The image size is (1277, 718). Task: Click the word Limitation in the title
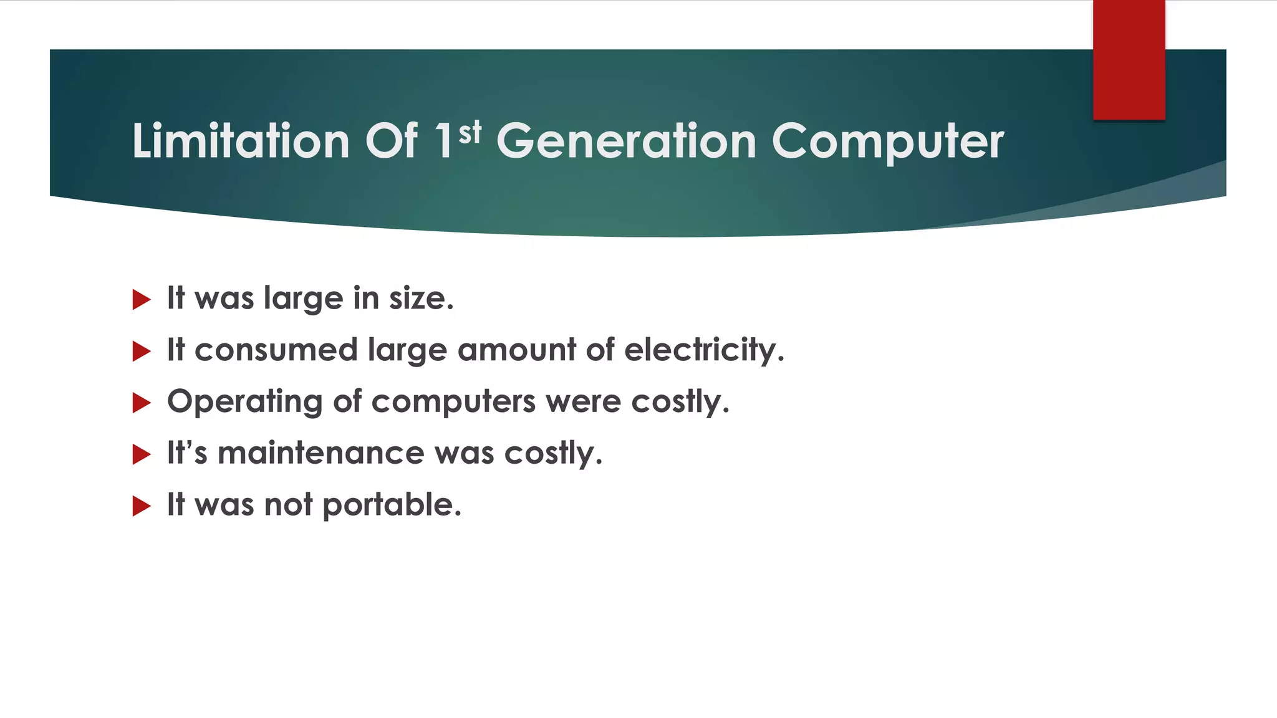click(x=240, y=141)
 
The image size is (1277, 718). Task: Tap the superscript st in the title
click(x=470, y=132)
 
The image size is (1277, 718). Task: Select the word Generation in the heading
click(x=626, y=141)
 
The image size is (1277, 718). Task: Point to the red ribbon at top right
click(x=1129, y=59)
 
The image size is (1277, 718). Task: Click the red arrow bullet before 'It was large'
click(x=142, y=300)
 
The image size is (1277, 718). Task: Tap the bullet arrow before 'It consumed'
click(x=142, y=352)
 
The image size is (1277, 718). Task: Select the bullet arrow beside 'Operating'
click(x=142, y=403)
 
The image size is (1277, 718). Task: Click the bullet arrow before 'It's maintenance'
click(x=142, y=454)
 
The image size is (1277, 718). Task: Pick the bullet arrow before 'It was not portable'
click(x=142, y=506)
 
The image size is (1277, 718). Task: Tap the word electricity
click(x=703, y=350)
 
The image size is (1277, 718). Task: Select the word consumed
click(x=276, y=350)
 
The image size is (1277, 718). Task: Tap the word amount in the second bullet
click(x=517, y=350)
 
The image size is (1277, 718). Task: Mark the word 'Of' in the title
click(x=391, y=141)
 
